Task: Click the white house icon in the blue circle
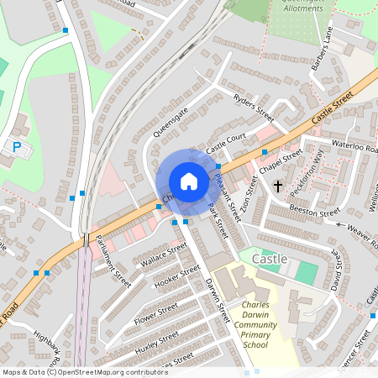pos(189,181)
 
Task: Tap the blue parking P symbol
pos(16,147)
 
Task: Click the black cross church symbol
pos(277,186)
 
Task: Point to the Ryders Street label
pos(254,109)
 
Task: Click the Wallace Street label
pos(164,255)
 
